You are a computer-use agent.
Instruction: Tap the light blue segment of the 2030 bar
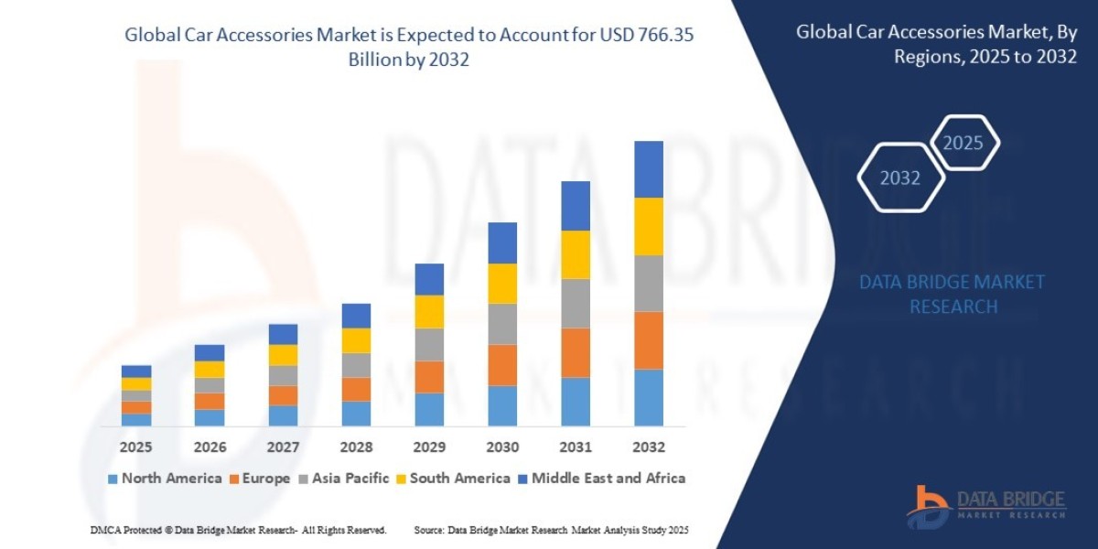click(502, 405)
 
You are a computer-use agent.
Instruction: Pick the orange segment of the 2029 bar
click(429, 377)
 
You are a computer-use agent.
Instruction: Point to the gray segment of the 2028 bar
click(356, 365)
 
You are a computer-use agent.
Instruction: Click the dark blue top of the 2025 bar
click(136, 371)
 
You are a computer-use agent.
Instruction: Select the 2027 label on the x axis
click(283, 447)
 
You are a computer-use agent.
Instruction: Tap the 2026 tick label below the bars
click(210, 447)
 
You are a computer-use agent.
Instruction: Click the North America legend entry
click(165, 478)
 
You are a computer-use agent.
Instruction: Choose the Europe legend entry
click(259, 478)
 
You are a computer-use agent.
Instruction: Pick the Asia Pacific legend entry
click(344, 478)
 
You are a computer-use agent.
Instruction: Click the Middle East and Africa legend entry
click(601, 478)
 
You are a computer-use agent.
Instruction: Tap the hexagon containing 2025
click(963, 143)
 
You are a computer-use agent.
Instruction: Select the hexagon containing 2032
click(900, 178)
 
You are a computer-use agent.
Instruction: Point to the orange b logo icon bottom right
click(928, 505)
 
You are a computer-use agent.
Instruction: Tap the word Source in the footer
click(430, 530)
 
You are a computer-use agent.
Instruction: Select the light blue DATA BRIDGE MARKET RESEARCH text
click(953, 294)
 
